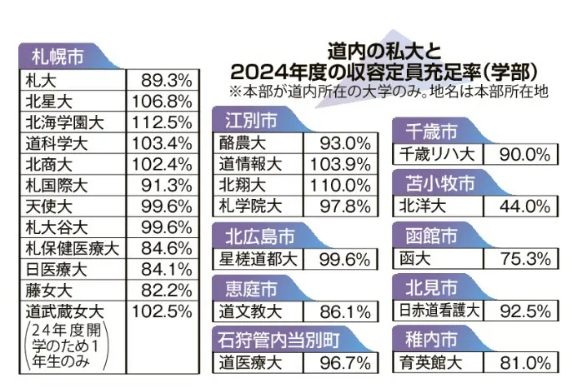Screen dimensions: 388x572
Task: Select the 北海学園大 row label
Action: [63, 122]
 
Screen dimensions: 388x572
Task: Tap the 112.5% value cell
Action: [163, 122]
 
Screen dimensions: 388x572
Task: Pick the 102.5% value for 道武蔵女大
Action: [163, 311]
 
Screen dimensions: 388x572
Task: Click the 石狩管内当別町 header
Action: [279, 339]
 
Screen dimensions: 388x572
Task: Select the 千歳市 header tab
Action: [429, 131]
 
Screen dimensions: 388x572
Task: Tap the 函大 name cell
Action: [414, 258]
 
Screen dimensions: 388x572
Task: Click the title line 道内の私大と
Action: [389, 48]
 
